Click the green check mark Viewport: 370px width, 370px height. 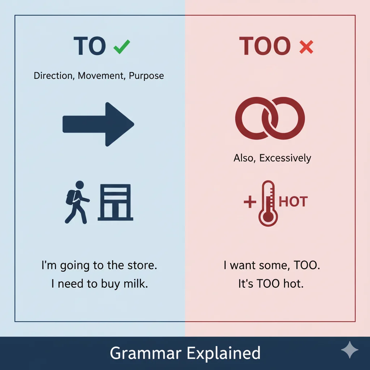click(x=122, y=47)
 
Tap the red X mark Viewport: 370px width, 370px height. click(x=306, y=47)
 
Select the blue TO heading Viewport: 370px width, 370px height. click(x=90, y=46)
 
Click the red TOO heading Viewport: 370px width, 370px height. click(x=265, y=46)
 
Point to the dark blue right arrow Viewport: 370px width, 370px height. click(x=98, y=124)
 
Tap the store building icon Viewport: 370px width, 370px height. click(x=115, y=202)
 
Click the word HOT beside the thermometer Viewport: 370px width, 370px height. click(x=293, y=202)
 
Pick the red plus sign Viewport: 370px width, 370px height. click(x=250, y=202)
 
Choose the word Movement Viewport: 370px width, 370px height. click(x=99, y=76)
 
